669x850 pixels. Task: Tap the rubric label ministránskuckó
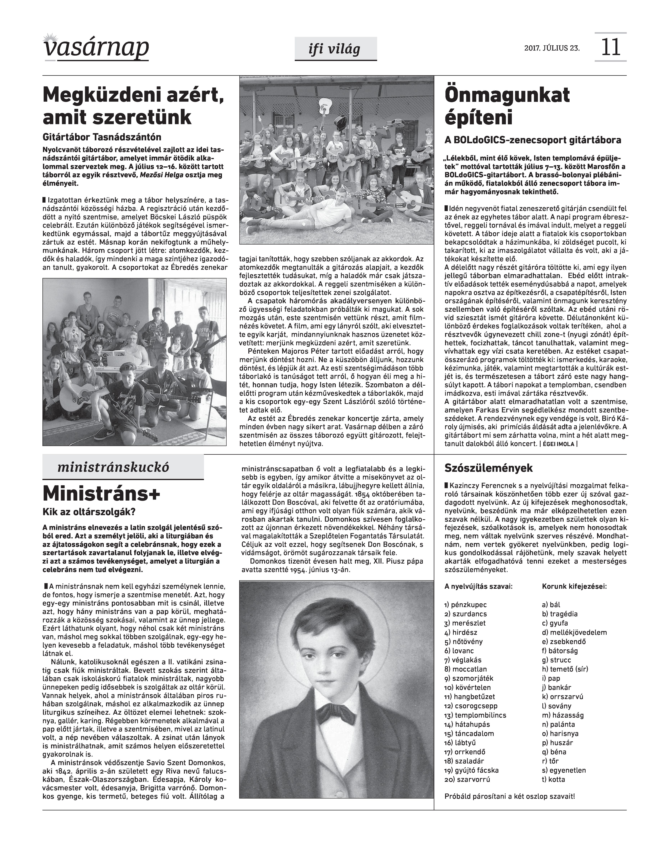point(114,467)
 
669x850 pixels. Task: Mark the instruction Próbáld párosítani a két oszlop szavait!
point(510,796)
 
